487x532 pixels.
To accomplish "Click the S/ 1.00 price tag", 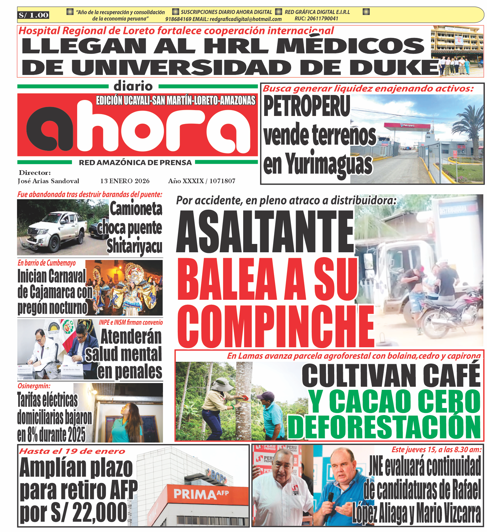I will pyautogui.click(x=33, y=15).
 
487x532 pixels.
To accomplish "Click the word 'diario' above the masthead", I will pyautogui.click(x=133, y=86).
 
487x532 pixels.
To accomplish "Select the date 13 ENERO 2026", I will pyautogui.click(x=125, y=181).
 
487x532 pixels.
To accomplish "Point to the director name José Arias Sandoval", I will pyautogui.click(x=48, y=181).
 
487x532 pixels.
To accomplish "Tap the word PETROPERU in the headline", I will pyautogui.click(x=307, y=106).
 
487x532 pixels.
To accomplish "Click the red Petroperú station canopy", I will pyautogui.click(x=407, y=126).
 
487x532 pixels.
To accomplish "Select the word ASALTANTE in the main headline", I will pyautogui.click(x=265, y=232).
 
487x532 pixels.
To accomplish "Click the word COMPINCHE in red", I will pyautogui.click(x=276, y=326).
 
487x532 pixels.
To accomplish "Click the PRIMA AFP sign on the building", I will pyautogui.click(x=201, y=494).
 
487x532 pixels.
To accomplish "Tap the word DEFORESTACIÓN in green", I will pyautogui.click(x=384, y=427).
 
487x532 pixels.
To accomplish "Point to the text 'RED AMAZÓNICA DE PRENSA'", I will pyautogui.click(x=135, y=163).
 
